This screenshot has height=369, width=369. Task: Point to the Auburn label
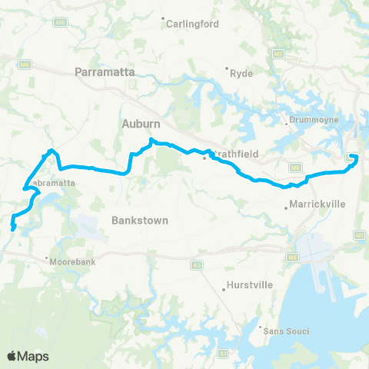tap(139, 123)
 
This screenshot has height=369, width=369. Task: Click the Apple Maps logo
tap(28, 356)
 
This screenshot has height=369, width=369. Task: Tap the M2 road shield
tap(278, 53)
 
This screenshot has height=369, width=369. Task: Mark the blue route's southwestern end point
tap(12, 228)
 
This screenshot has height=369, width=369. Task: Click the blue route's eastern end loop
tap(354, 158)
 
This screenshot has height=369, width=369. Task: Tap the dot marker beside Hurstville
tap(223, 290)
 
